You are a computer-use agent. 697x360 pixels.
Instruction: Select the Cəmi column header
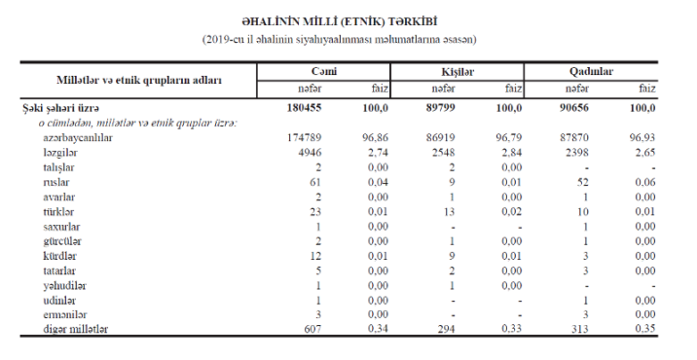323,71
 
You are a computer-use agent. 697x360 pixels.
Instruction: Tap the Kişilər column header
458,71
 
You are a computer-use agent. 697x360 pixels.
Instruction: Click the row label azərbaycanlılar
78,139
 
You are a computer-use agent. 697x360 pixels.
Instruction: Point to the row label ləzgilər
60,154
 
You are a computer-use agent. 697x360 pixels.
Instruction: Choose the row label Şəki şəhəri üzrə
59,107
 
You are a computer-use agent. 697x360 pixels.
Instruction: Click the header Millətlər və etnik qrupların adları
138,80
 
